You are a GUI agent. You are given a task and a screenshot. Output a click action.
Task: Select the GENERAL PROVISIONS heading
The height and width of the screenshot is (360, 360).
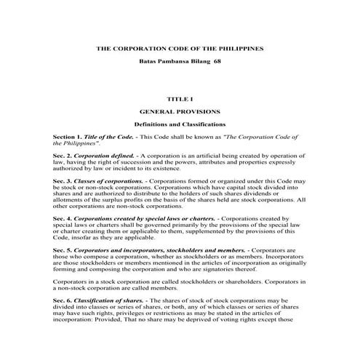[x=180, y=113]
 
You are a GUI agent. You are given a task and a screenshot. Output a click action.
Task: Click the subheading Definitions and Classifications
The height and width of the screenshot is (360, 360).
[x=180, y=125]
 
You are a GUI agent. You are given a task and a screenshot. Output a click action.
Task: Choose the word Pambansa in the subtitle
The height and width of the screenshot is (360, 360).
[x=175, y=62]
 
